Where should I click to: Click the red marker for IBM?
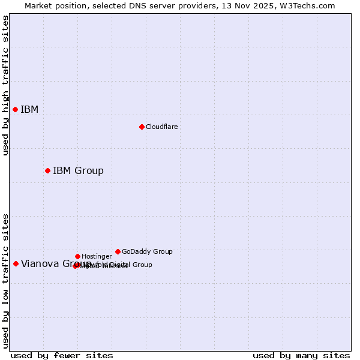[15, 109]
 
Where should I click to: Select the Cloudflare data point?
[142, 127]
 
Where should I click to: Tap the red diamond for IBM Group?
[47, 170]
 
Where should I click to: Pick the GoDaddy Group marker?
[118, 251]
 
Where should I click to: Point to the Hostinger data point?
[77, 256]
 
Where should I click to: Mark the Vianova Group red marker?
[16, 263]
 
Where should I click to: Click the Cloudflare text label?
[161, 127]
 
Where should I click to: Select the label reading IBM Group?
[78, 171]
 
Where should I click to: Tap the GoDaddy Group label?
[147, 251]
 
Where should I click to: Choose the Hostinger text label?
[97, 256]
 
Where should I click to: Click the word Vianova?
[39, 264]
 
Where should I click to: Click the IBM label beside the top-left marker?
[29, 110]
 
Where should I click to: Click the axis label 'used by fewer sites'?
[62, 355]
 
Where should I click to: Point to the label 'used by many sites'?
[301, 355]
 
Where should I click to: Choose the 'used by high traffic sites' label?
[6, 85]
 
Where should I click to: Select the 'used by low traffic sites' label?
[6, 281]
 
